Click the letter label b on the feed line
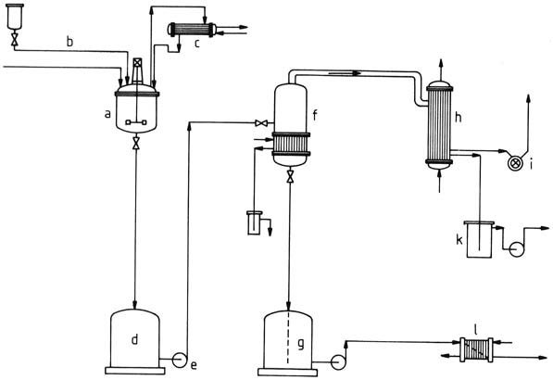tap(69, 42)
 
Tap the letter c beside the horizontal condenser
tap(196, 44)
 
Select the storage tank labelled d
tap(134, 341)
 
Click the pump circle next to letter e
tap(179, 360)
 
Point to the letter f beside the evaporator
tap(315, 115)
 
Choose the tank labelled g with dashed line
tap(288, 343)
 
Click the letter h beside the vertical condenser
tap(458, 117)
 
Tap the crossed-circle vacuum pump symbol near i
tap(515, 164)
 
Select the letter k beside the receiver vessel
tap(459, 240)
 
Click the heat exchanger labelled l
tap(476, 349)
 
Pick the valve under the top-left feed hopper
tap(15, 39)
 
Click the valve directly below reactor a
tap(136, 144)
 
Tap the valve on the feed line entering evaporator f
tap(261, 123)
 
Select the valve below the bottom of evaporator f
tap(290, 176)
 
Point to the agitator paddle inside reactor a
tap(136, 122)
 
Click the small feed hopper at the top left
tap(15, 17)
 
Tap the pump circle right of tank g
tap(338, 362)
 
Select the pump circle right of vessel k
tap(517, 249)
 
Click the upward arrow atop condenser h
tap(440, 70)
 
